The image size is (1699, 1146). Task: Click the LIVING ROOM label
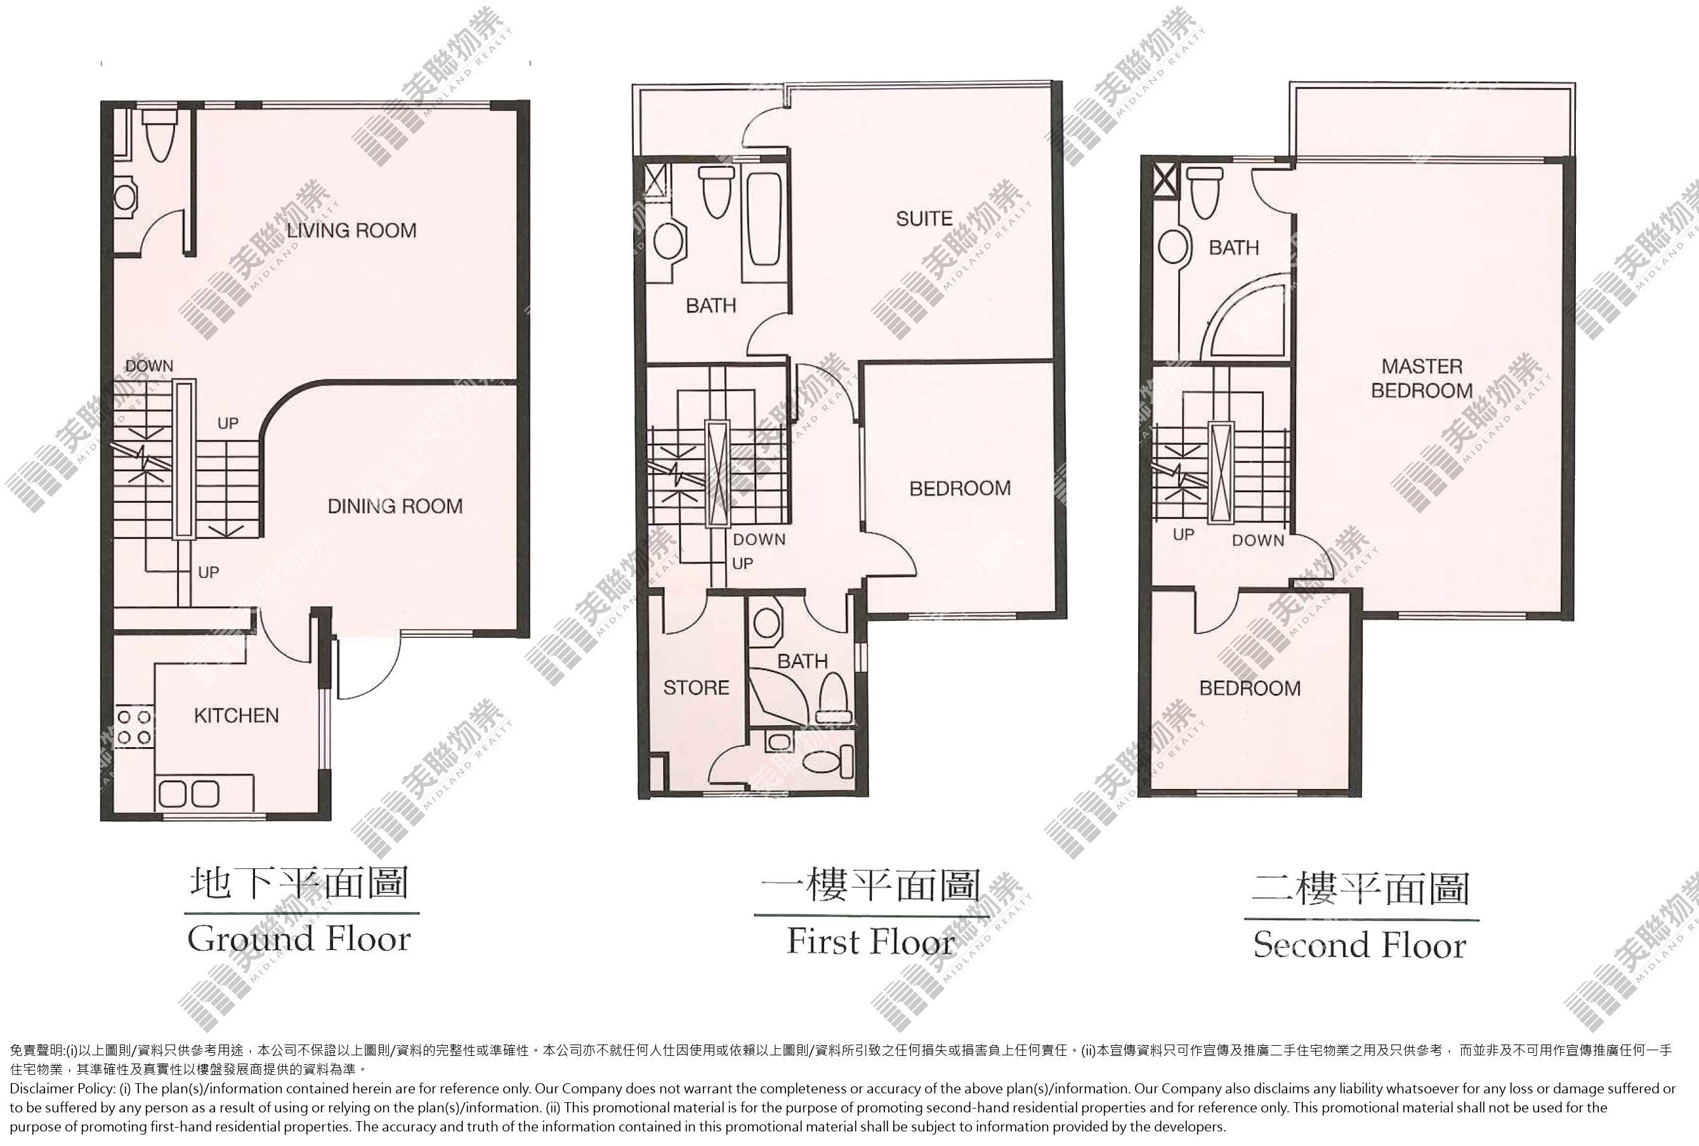coord(351,231)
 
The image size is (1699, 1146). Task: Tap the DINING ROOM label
coord(395,507)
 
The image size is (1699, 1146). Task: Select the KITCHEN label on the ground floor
coord(236,715)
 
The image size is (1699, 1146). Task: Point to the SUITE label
coord(924,219)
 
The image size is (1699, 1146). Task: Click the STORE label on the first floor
coord(696,687)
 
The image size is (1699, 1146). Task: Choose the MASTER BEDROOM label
coord(1422,379)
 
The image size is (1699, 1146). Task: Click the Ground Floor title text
coord(299,939)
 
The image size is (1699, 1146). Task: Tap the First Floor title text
coord(870,941)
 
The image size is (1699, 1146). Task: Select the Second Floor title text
coord(1360,945)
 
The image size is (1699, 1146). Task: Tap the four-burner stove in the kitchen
coord(134,726)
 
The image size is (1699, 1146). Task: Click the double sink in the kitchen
coord(188,794)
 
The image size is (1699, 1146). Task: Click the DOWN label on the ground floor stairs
coord(149,366)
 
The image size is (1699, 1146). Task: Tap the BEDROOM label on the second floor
coord(1250,689)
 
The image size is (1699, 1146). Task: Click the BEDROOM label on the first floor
coord(960,488)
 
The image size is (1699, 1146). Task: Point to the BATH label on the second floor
coord(1234,248)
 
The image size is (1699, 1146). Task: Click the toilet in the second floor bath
coord(1204,192)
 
